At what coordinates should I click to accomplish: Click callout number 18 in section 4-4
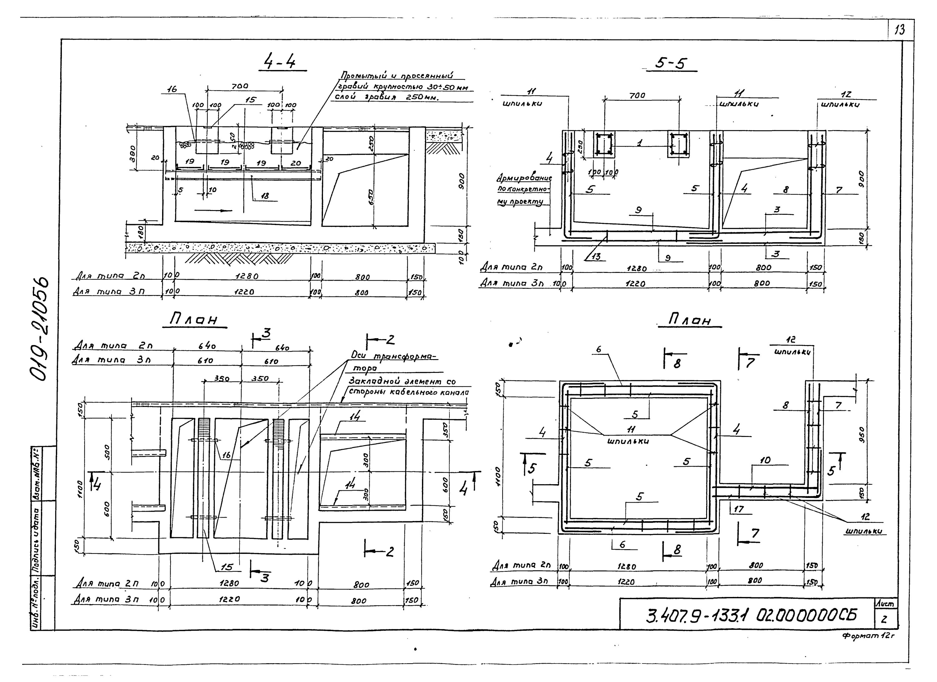(265, 196)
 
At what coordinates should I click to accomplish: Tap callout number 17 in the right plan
(739, 509)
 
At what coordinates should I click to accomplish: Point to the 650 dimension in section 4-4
(371, 198)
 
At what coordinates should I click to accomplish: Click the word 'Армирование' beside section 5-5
(524, 178)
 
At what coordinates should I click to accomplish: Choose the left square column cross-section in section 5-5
(604, 144)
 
